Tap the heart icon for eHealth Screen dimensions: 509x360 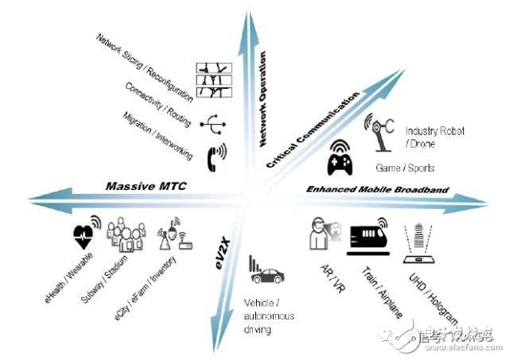84,234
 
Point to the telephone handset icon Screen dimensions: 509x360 215,156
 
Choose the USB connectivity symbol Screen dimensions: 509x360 212,123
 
